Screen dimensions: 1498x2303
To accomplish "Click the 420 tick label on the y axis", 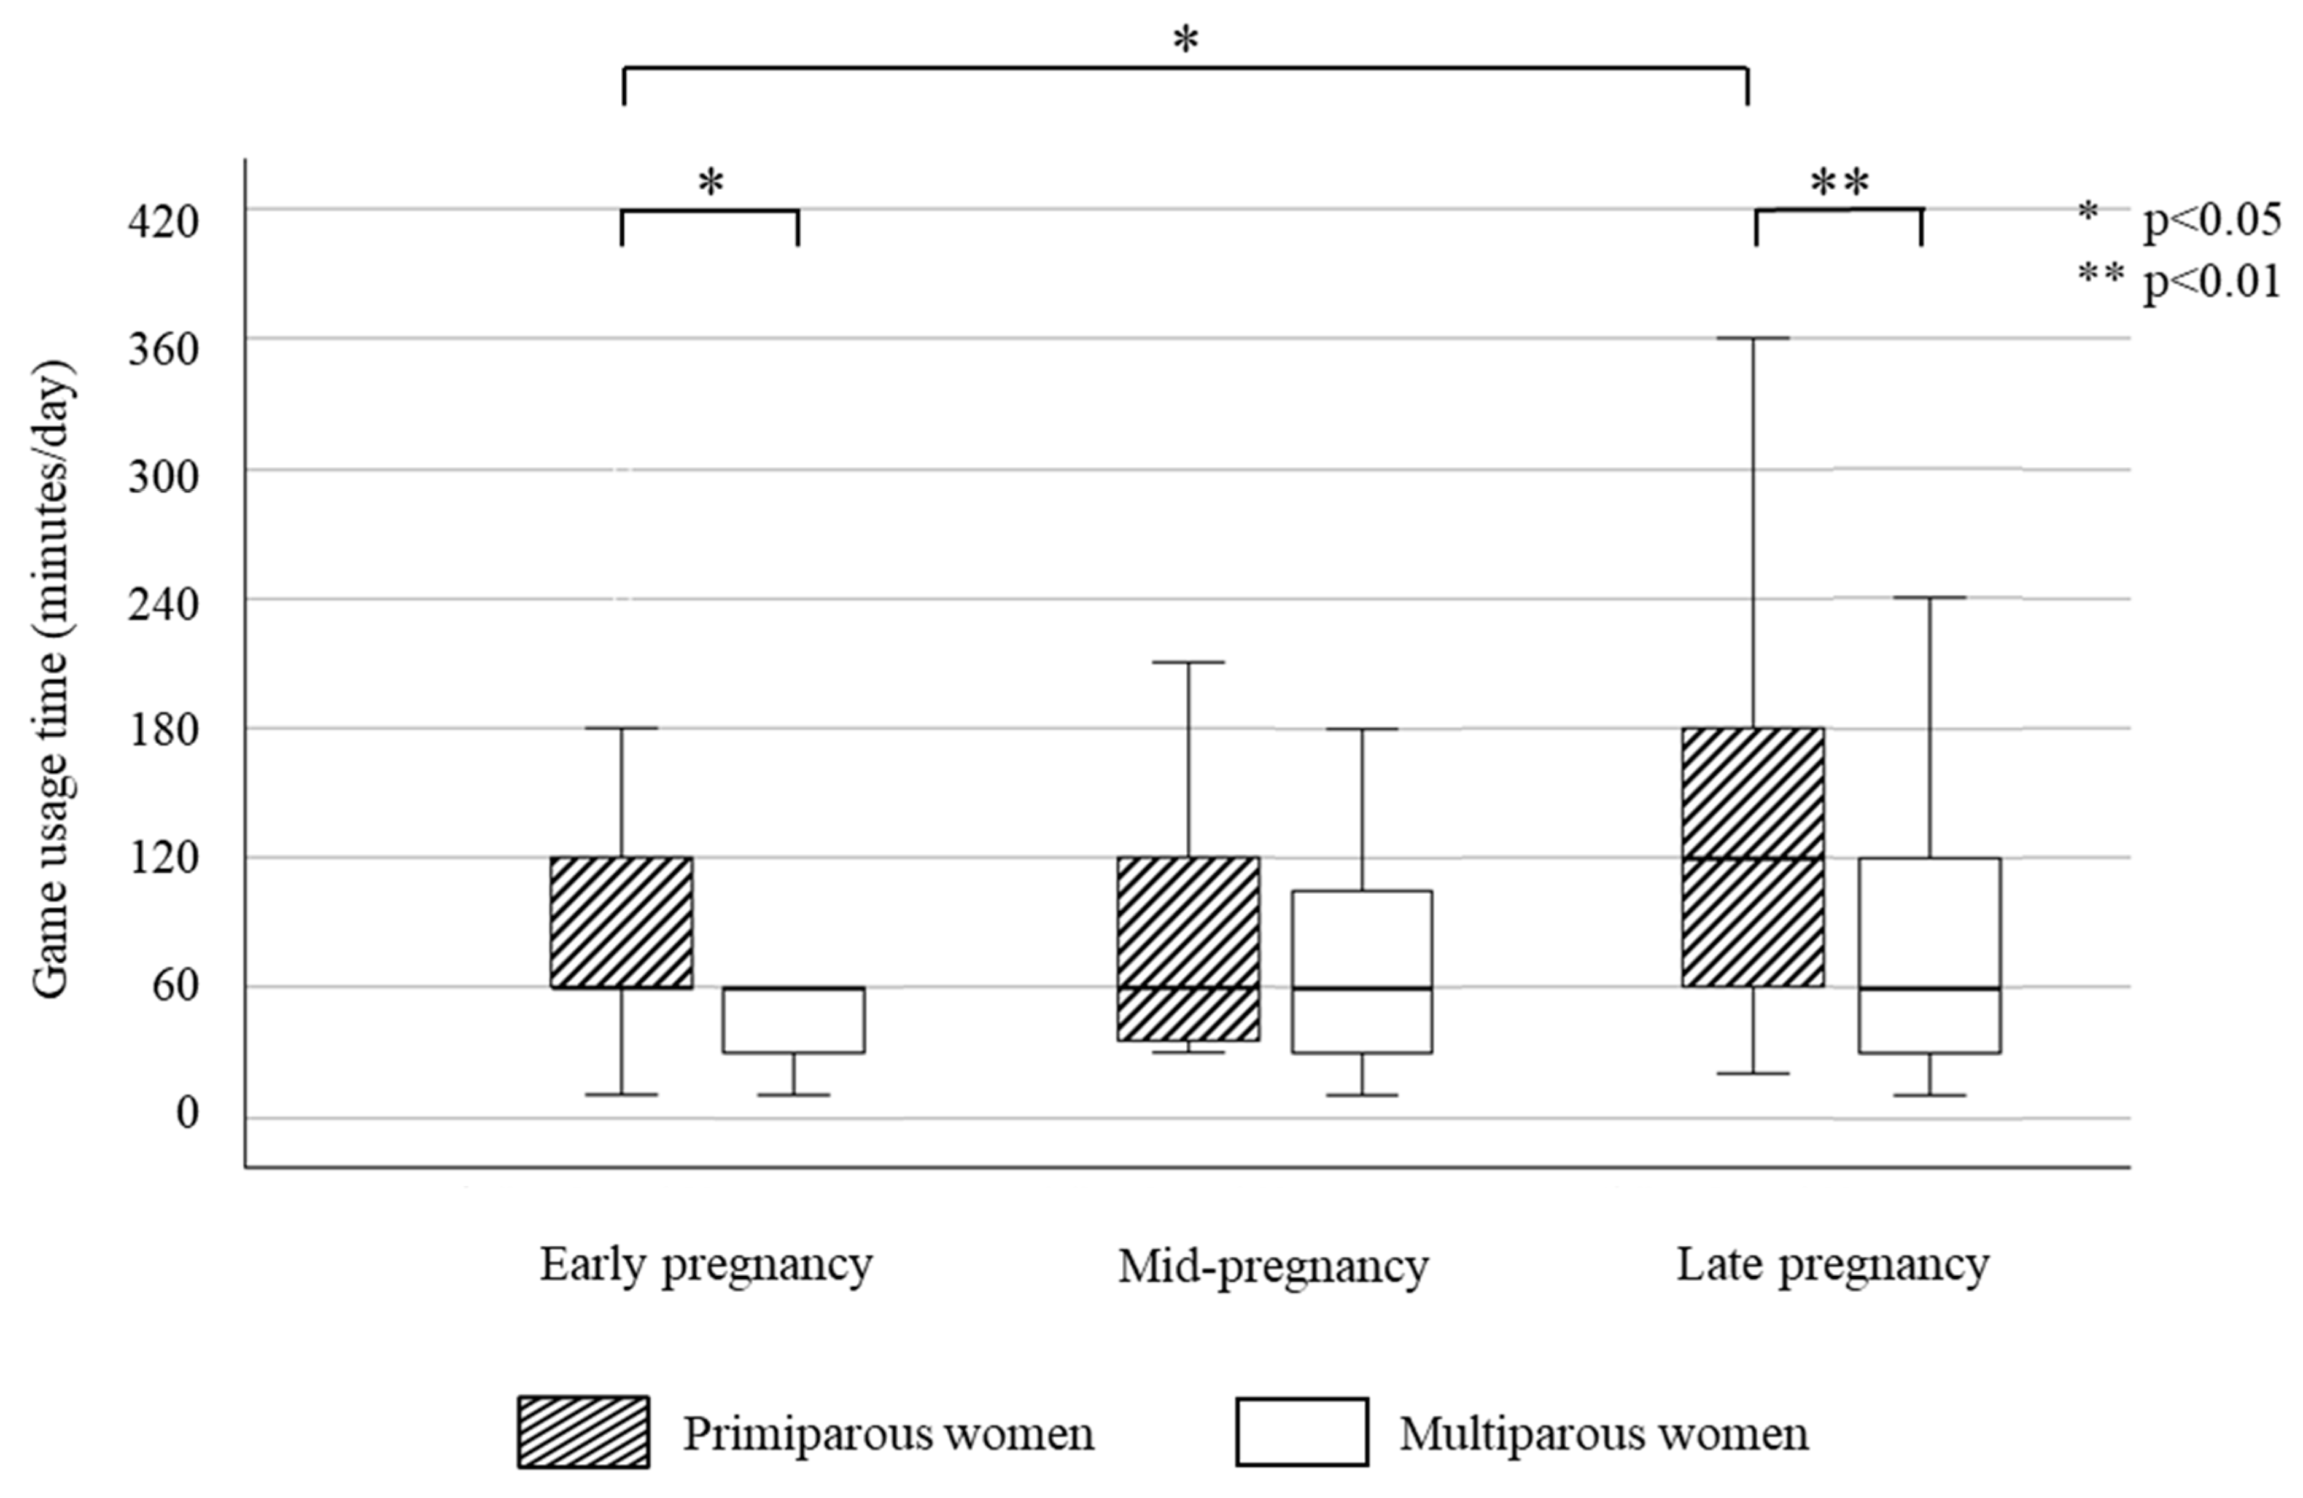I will click(163, 222).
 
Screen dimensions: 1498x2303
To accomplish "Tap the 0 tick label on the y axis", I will click(187, 1113).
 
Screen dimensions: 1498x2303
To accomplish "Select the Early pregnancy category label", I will click(707, 1265).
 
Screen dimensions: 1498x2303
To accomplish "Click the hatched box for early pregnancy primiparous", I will click(621, 923).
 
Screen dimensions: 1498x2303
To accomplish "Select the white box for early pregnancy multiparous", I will click(793, 1020).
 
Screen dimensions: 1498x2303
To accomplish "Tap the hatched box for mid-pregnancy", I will click(1188, 948).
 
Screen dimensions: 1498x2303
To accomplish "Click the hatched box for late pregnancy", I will click(1752, 857).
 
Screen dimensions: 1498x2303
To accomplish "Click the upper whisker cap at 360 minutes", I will click(1752, 338).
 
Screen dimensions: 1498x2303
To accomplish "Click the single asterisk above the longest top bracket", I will click(1186, 41).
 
